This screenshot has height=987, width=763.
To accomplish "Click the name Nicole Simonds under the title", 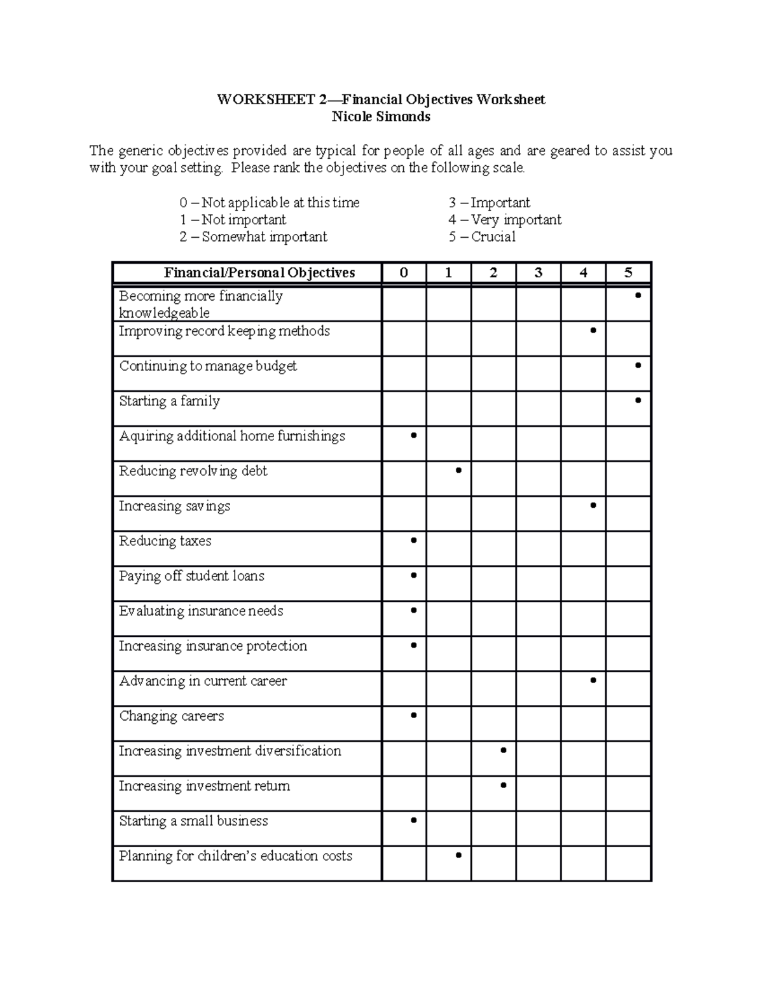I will coord(381,117).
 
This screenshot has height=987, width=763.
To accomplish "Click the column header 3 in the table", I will coord(538,273).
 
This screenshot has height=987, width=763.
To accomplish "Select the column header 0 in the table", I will coord(404,273).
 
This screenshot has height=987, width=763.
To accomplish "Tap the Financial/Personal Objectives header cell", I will coord(259,273).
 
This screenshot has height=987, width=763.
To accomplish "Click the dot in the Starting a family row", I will coord(638,400).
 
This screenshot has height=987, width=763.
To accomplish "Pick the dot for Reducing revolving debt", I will coord(458,470).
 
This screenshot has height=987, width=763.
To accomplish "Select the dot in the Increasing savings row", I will coord(593,505).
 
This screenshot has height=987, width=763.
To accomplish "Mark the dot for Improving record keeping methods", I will coord(593,330).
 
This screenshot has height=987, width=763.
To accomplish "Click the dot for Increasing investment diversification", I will coord(503,751).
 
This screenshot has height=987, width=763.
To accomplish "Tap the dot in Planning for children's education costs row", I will coord(458,855).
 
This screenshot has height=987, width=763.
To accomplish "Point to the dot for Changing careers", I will coord(414,716).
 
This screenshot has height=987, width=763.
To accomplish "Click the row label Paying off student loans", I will coord(191,576).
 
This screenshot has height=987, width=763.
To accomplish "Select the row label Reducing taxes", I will coord(165,541).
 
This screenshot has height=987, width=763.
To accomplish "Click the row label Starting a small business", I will coord(193,821).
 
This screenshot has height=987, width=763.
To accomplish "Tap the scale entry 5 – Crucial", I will coord(481,237).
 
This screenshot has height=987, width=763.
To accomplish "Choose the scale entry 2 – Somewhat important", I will coord(253,237).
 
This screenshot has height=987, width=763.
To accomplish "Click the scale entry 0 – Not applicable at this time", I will coord(269,203).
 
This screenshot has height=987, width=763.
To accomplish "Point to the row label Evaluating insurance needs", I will coord(201,611).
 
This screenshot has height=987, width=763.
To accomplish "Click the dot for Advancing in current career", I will coord(593,681).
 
